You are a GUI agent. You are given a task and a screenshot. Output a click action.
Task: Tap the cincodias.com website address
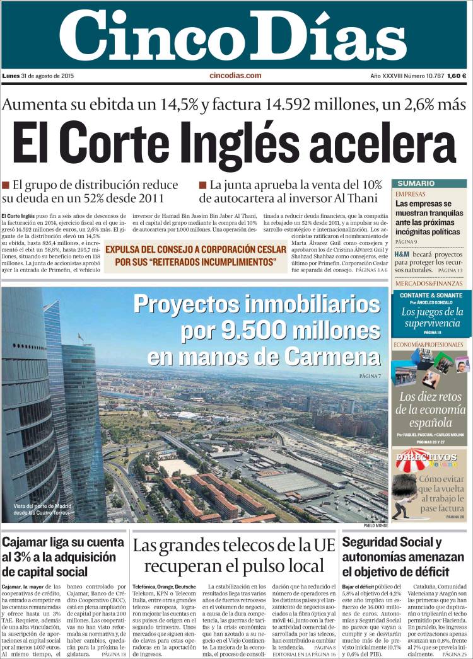[235, 76]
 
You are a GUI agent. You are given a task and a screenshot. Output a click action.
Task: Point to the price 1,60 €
[457, 76]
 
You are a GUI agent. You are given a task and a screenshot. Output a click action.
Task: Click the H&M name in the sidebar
[402, 255]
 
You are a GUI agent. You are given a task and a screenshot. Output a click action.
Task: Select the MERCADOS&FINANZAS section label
[428, 283]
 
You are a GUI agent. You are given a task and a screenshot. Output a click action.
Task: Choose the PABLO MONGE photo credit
[376, 525]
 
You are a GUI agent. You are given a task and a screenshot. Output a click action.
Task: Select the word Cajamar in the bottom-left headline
[29, 542]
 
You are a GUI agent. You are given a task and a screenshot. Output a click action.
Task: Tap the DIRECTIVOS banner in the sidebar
[426, 457]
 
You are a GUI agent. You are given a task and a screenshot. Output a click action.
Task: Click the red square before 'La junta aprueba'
[202, 185]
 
